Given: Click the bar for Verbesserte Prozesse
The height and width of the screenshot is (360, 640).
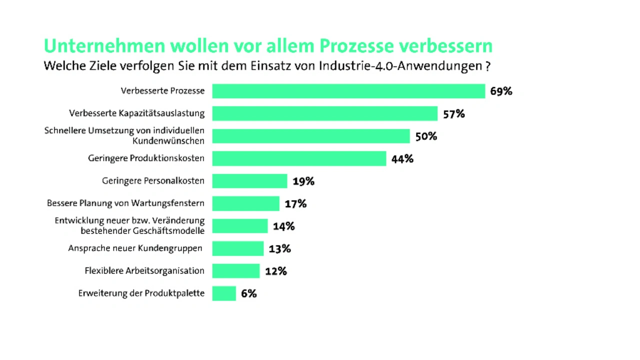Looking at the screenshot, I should point(348,91).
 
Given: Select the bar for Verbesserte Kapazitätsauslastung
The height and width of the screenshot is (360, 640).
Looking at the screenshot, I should point(324,113).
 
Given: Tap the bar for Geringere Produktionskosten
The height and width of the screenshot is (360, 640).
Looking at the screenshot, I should point(299,158).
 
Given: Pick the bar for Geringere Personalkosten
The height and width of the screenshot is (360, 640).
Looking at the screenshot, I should point(249,181).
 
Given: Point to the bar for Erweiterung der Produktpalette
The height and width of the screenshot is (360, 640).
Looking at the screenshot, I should point(223,293).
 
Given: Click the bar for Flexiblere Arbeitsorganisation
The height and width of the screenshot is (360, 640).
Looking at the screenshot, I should point(235,271).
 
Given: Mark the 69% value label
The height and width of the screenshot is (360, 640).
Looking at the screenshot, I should point(501,91).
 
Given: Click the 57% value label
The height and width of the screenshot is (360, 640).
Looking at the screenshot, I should point(453,114).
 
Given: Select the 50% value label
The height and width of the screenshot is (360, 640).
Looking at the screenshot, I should point(426,136).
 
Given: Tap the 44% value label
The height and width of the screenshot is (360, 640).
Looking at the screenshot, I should point(402,159).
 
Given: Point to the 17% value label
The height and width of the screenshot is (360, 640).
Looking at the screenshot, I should point(295,204).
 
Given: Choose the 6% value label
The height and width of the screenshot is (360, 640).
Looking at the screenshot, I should point(248,294).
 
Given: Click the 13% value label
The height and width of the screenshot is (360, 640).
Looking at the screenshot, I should point(279,249).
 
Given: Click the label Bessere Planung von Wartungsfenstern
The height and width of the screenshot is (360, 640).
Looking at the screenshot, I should point(125,203).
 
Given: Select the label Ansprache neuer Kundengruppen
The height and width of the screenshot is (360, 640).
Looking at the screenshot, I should point(135,248).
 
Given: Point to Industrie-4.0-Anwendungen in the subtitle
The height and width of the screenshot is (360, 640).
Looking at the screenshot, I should point(400,66).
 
